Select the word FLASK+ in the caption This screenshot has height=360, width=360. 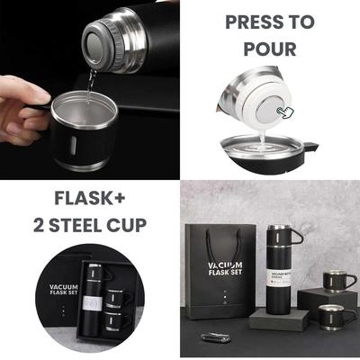[x=90, y=197]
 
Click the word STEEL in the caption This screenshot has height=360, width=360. [x=89, y=226]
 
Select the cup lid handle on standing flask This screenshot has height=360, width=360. [x=294, y=237]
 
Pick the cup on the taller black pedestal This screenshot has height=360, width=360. [x=340, y=281]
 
